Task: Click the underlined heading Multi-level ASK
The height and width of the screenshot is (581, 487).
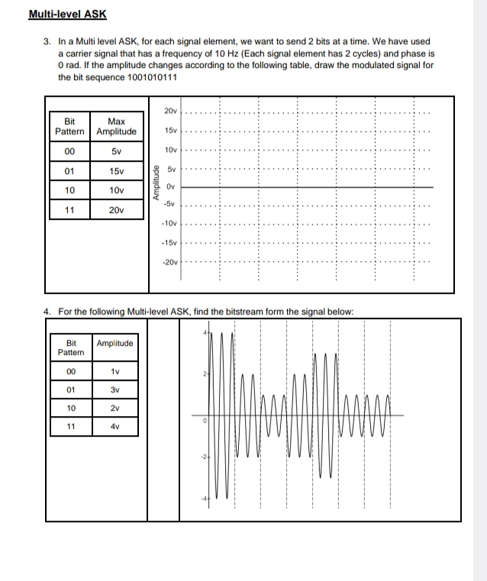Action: tap(67, 15)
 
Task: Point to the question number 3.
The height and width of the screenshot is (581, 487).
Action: tap(48, 41)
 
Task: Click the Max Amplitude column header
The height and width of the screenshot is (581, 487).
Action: tap(117, 126)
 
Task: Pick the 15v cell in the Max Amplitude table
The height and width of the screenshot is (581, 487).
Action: tap(117, 169)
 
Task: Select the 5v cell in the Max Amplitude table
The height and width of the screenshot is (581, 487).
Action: tap(117, 150)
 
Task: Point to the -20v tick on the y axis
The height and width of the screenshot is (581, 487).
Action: tap(169, 262)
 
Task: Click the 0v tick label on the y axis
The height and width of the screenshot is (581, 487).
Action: tap(171, 186)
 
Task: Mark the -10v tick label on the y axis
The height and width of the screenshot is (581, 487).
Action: tap(169, 224)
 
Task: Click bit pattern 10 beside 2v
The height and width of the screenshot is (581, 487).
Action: tap(71, 408)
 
